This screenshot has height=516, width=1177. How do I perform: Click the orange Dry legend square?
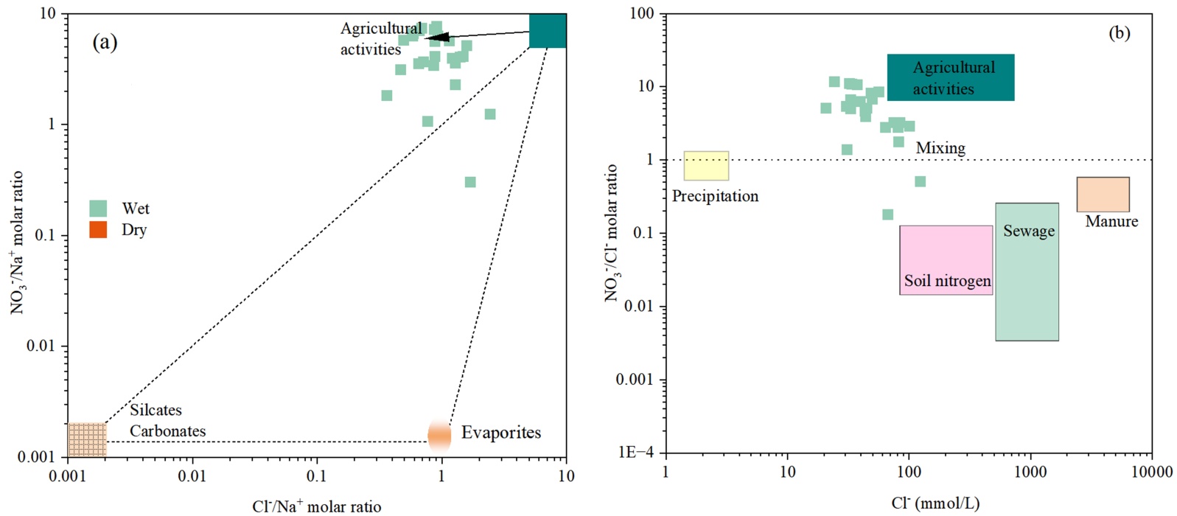(98, 229)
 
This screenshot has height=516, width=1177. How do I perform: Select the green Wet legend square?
(98, 208)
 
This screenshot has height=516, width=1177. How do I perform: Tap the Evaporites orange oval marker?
(439, 435)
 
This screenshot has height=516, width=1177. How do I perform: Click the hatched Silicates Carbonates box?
(87, 439)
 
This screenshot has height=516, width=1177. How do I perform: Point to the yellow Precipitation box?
(706, 166)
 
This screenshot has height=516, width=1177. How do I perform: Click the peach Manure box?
(1103, 195)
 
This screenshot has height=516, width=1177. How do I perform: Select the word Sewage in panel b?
(1029, 231)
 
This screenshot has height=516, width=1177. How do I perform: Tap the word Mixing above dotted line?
(940, 147)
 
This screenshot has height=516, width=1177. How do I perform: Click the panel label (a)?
(105, 42)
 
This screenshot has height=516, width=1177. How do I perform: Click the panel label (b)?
(1119, 33)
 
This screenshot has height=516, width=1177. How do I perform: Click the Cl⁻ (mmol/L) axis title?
(935, 503)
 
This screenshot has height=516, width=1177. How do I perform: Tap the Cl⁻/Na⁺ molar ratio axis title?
(317, 506)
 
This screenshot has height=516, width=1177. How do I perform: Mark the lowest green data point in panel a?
(470, 182)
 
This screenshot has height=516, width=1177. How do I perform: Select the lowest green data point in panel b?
(887, 215)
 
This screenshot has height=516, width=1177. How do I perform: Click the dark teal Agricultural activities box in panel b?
(951, 77)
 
